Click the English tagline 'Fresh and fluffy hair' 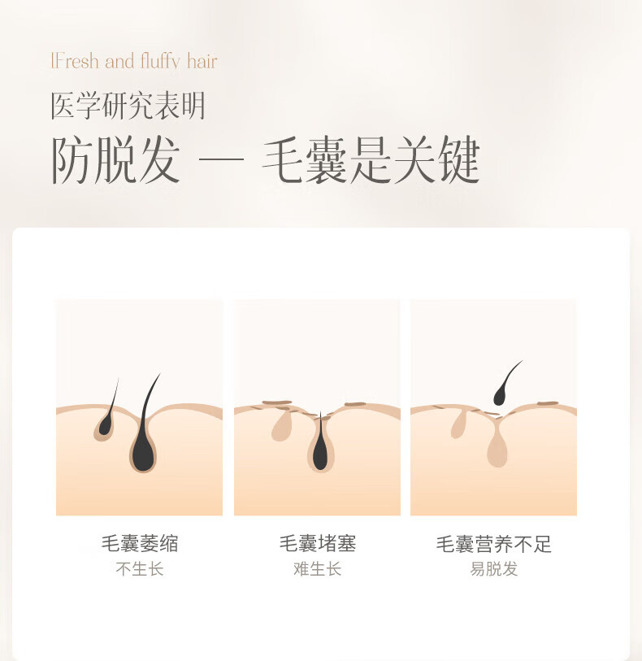click(x=134, y=61)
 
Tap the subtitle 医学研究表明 click(x=128, y=106)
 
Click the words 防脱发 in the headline click(x=116, y=160)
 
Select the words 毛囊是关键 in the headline click(x=371, y=160)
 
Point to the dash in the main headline click(x=221, y=160)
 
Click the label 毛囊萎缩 click(x=140, y=543)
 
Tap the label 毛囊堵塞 click(x=318, y=543)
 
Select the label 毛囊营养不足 click(x=494, y=544)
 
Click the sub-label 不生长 click(x=140, y=569)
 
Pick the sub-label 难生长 click(x=317, y=569)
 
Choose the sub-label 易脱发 click(x=494, y=569)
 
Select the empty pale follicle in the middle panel click(x=281, y=426)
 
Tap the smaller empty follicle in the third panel click(x=459, y=425)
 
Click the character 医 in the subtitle click(x=63, y=106)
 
